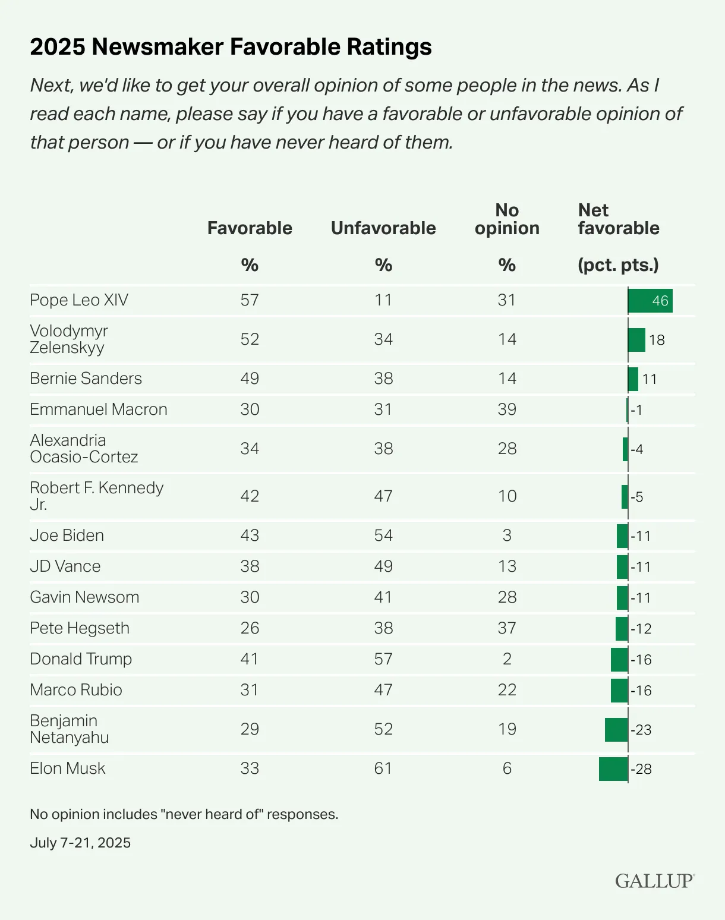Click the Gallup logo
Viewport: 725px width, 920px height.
(654, 881)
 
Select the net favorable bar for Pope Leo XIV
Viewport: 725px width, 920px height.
(650, 301)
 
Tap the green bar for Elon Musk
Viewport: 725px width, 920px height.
(613, 769)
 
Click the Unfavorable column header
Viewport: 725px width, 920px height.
(383, 228)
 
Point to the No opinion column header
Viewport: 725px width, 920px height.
(507, 219)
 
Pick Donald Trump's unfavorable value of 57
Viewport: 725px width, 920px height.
(383, 659)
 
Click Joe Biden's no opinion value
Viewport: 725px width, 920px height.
(507, 535)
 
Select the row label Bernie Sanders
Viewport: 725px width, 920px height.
(86, 379)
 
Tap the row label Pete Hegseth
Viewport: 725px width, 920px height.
(80, 628)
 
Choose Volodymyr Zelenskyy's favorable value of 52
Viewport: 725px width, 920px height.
(250, 339)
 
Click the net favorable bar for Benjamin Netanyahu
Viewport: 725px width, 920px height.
(616, 730)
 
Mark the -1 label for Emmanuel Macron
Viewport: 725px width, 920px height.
(636, 410)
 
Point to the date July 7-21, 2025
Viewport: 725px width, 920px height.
(80, 843)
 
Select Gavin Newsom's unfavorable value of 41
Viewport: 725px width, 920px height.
(383, 597)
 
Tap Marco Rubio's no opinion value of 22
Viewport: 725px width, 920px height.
(507, 690)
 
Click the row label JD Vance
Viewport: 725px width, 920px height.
(65, 566)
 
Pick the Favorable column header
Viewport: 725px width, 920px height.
(250, 228)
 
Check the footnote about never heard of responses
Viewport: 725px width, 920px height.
(184, 814)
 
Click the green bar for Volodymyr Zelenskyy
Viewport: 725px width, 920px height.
(636, 340)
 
